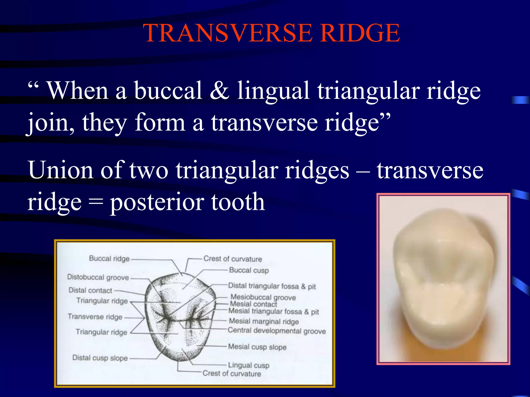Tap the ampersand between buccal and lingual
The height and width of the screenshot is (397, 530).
[219, 90]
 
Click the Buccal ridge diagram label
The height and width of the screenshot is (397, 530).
[109, 258]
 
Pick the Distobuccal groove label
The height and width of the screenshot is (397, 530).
[98, 277]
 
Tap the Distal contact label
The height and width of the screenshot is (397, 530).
[90, 290]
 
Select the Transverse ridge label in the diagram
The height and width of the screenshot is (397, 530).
[95, 317]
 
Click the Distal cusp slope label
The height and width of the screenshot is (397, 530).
[100, 358]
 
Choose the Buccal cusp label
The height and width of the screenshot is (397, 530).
[249, 270]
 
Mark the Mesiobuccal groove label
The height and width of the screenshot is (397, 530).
[263, 297]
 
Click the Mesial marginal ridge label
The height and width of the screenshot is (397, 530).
[264, 321]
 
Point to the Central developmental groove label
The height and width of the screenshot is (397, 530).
[277, 331]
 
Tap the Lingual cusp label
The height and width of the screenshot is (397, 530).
[249, 365]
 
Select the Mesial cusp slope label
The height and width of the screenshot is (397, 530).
[257, 347]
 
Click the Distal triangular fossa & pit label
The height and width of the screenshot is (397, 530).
[272, 286]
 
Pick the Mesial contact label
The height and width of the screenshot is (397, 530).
[253, 304]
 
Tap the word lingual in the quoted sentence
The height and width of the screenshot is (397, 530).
[273, 90]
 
